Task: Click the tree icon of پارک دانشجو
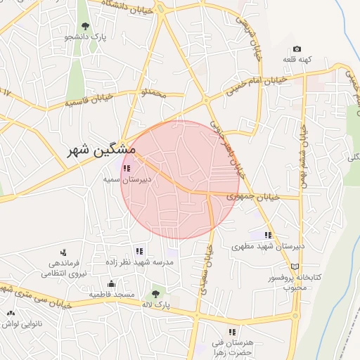85,26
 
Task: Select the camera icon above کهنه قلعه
297,49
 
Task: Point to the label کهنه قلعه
297,59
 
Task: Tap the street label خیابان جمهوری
253,196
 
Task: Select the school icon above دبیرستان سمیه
127,169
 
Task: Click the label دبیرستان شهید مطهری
268,247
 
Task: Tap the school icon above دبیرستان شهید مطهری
268,236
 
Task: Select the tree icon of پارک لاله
155,294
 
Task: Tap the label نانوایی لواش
19,323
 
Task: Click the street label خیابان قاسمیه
94,101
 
